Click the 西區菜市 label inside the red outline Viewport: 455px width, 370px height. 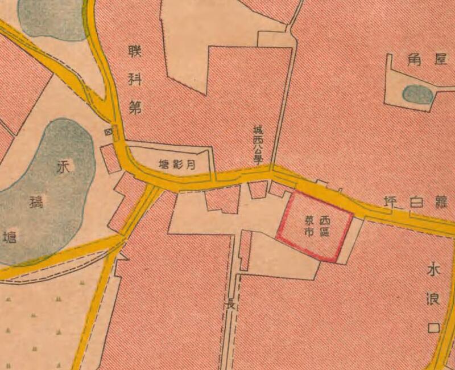click(317, 225)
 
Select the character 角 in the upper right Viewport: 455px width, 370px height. click(413, 60)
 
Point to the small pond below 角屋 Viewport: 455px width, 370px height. click(418, 94)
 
